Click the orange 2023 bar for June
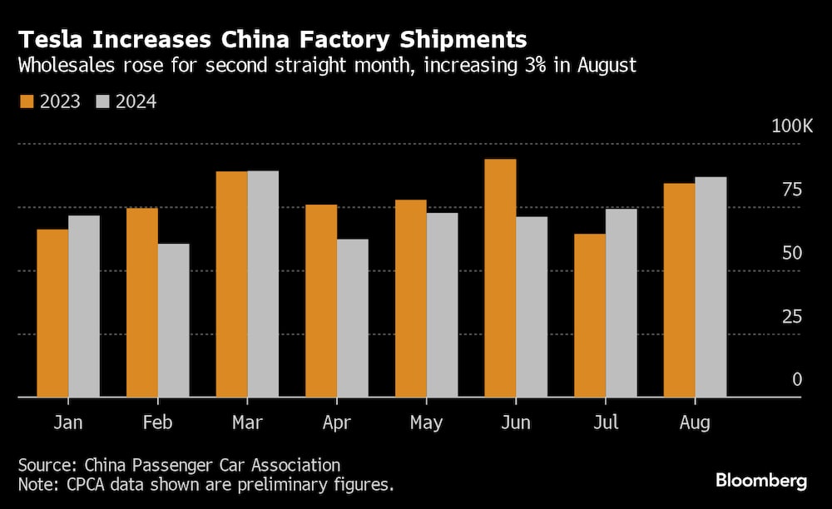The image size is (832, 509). (x=500, y=278)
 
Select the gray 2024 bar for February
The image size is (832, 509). (x=174, y=320)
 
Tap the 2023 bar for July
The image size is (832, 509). (x=590, y=315)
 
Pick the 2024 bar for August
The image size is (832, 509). (x=711, y=287)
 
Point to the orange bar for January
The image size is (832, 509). (x=52, y=313)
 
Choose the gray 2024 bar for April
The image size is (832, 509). (x=353, y=318)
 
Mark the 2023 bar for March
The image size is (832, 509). (x=231, y=284)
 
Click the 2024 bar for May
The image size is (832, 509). (x=442, y=304)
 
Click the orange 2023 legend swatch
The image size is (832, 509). (x=25, y=101)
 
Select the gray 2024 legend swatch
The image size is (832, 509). (x=103, y=101)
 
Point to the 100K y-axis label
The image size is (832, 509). (x=791, y=126)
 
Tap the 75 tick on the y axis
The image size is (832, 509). (x=791, y=190)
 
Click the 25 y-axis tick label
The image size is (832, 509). (x=791, y=317)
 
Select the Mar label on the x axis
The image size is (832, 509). (x=247, y=423)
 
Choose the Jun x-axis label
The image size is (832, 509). (x=516, y=423)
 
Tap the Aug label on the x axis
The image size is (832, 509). (x=695, y=423)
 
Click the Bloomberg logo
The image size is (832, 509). (x=761, y=481)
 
